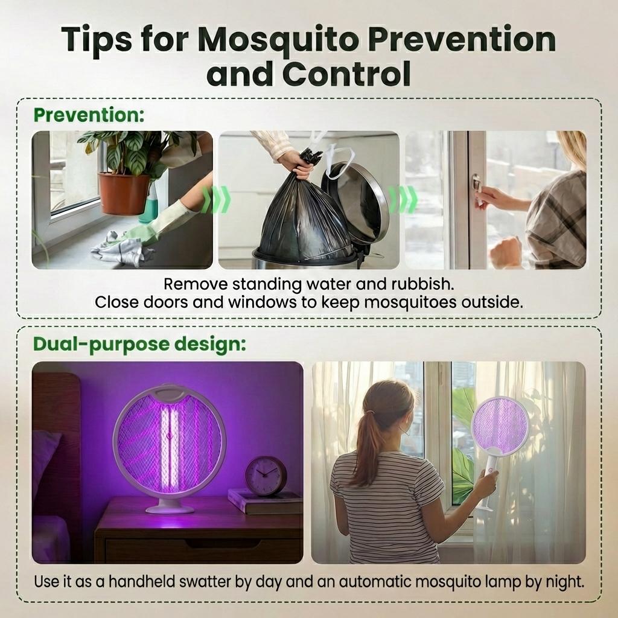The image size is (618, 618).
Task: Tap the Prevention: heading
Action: [x=89, y=115]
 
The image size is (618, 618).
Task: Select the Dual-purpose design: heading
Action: [x=139, y=344]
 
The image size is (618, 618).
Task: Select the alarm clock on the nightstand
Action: [x=266, y=476]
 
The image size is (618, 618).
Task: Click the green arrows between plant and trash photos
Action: [x=215, y=200]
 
